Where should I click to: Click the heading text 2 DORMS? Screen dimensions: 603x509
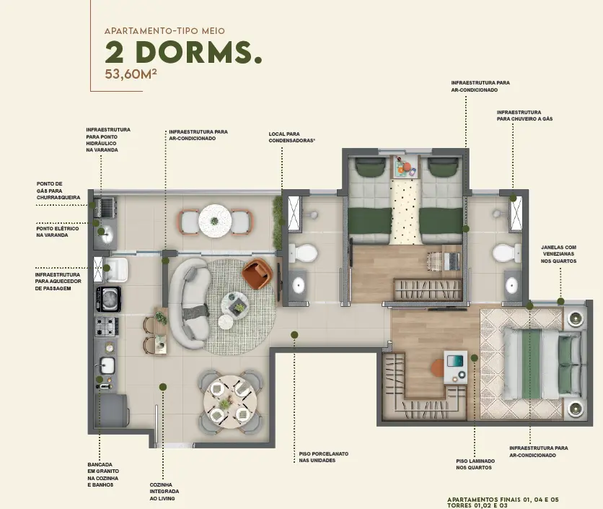click(183, 53)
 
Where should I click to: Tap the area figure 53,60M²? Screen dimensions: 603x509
click(131, 74)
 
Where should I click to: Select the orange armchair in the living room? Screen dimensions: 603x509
click(257, 274)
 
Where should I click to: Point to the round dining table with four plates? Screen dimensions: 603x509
click(227, 402)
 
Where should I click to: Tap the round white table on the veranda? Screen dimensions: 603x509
click(215, 221)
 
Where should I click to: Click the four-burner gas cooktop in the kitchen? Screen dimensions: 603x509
click(107, 326)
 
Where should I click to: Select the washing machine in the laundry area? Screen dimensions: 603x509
click(108, 299)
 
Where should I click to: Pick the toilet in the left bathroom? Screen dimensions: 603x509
click(303, 253)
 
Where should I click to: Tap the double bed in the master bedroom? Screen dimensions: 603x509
click(542, 363)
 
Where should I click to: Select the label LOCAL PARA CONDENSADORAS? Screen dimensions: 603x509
click(291, 137)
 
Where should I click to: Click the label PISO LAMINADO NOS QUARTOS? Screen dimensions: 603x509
click(475, 464)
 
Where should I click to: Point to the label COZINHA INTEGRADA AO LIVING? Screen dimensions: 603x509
click(164, 491)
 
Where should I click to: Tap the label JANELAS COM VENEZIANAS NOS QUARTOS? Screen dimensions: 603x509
click(558, 254)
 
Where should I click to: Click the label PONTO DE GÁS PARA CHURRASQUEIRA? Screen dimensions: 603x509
click(58, 191)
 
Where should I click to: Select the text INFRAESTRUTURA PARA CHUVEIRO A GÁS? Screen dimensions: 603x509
click(524, 116)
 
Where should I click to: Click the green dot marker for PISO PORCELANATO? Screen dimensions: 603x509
click(294, 334)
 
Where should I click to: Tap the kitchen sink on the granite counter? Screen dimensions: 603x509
click(107, 365)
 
